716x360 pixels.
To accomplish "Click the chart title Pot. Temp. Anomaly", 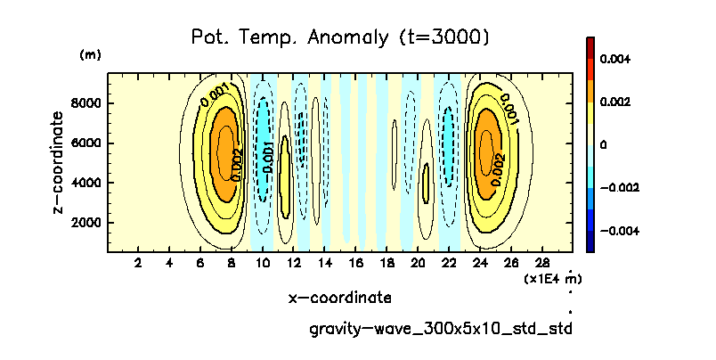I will [340, 37].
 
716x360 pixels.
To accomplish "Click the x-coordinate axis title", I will [339, 297].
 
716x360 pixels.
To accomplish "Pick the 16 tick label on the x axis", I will [356, 263].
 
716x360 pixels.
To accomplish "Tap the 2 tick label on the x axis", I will [138, 263].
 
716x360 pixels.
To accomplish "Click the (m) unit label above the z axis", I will [91, 55].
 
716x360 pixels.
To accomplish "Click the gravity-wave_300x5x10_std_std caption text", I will [439, 329].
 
